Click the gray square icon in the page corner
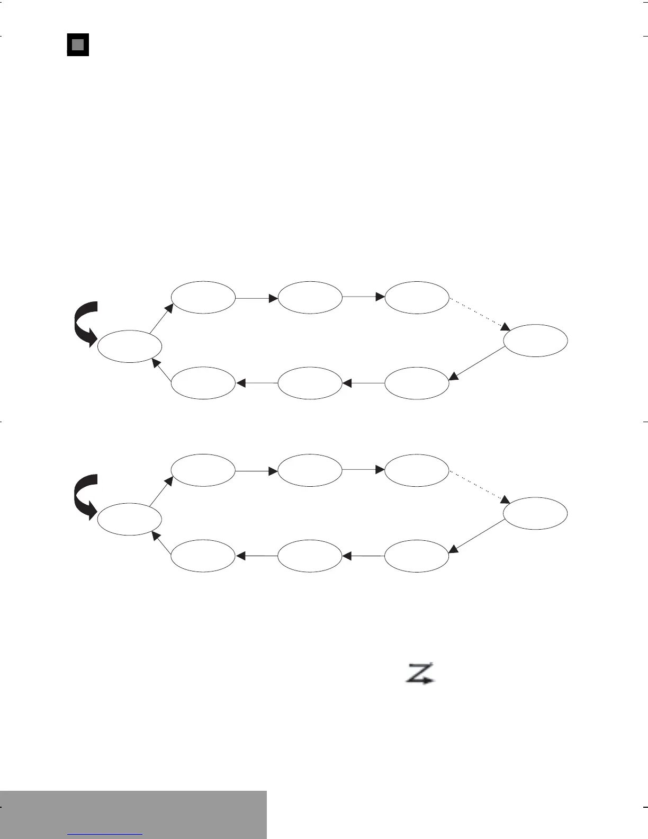click(77, 45)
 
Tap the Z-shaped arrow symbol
click(420, 674)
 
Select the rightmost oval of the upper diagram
click(535, 341)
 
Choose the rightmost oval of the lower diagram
click(535, 513)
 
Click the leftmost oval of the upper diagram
click(130, 347)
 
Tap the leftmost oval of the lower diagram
click(130, 520)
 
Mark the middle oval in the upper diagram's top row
click(310, 298)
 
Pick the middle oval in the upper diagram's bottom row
click(310, 382)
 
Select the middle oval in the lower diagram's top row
click(310, 470)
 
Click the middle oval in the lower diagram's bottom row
click(310, 556)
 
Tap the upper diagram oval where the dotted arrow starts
click(417, 298)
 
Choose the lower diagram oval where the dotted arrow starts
click(417, 470)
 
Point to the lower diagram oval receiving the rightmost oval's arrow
click(417, 556)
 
